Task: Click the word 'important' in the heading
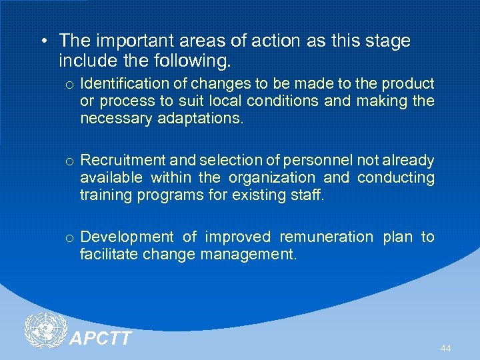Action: tap(123, 41)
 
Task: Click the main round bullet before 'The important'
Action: tap(43, 41)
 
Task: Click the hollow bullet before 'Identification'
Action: tap(69, 85)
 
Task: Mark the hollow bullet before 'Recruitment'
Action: tap(69, 161)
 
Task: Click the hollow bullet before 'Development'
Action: tap(69, 238)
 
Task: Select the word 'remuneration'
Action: tap(327, 237)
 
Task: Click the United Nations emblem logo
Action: tap(45, 330)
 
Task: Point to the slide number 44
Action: tap(445, 349)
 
